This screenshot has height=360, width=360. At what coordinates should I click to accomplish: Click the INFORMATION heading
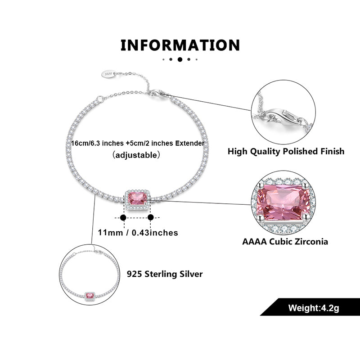click(x=180, y=45)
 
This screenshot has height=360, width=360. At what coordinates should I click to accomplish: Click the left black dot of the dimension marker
click(x=123, y=217)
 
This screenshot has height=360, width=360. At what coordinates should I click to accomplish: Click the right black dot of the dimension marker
click(x=151, y=217)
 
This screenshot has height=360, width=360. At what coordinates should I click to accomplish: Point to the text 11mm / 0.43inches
click(x=138, y=233)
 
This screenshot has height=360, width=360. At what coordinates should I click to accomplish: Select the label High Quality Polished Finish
click(x=286, y=151)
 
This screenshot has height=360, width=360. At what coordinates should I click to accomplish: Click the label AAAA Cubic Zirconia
click(x=285, y=242)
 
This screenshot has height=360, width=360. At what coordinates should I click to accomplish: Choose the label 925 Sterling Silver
click(x=165, y=274)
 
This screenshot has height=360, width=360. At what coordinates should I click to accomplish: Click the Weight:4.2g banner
click(x=310, y=308)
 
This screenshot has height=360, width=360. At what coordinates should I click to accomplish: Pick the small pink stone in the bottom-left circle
click(x=90, y=296)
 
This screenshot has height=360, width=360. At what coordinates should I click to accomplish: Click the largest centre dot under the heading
click(x=180, y=59)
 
